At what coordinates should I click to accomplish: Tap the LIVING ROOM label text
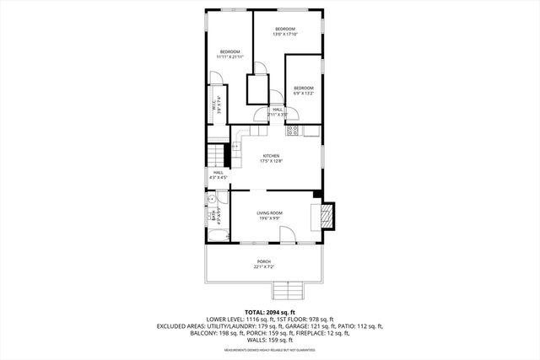[x=270, y=215]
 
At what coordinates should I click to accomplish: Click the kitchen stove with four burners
[x=293, y=131]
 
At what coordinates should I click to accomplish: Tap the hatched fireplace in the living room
[x=325, y=217]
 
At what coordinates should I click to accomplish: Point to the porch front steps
[x=287, y=291]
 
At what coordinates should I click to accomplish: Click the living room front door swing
[x=289, y=239]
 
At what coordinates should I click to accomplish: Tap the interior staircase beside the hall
[x=219, y=156]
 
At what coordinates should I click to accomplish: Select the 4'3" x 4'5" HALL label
[x=219, y=175]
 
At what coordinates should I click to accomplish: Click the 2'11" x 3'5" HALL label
[x=277, y=110]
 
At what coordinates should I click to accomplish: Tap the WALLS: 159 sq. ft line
[x=269, y=340]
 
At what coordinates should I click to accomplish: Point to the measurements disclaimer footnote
[x=269, y=349]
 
